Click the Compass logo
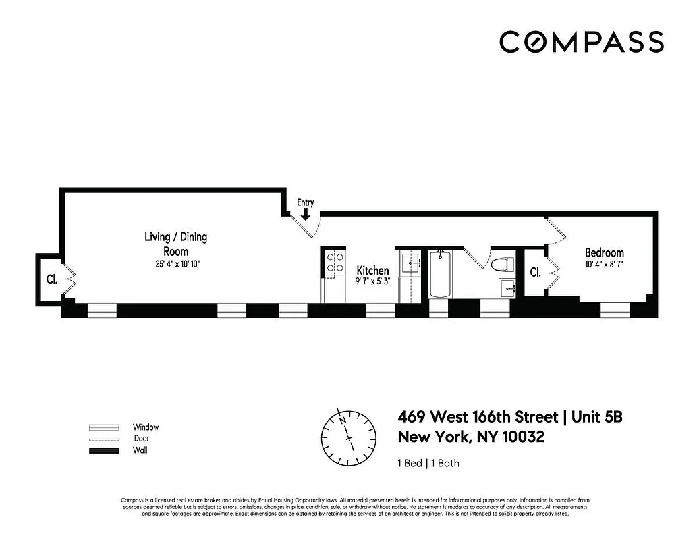point(581,42)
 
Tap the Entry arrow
point(306,215)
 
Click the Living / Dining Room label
point(175,243)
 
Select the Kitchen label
point(372,270)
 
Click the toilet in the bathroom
point(503,265)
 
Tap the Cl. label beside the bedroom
point(535,272)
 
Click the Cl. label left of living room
point(51,278)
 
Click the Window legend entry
point(145,427)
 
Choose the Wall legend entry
point(140,450)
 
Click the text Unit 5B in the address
point(596,417)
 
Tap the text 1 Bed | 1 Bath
point(428,463)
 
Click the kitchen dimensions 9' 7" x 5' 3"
point(372,282)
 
